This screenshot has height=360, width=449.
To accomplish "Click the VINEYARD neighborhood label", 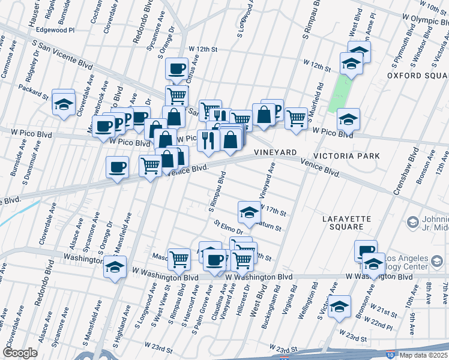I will pos(276,153).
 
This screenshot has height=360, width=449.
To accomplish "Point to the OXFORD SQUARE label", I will pos(417,76).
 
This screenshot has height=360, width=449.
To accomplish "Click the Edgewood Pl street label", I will pos(55,29).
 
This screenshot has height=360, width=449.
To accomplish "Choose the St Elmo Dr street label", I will pos(228,227).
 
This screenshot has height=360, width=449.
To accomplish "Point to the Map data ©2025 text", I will pos(423,355).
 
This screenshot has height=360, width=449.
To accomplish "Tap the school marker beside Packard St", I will pos(63,103).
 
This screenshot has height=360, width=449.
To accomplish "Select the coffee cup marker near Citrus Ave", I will pos(177,69).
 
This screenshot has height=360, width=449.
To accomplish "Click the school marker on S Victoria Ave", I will pos(340,305).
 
